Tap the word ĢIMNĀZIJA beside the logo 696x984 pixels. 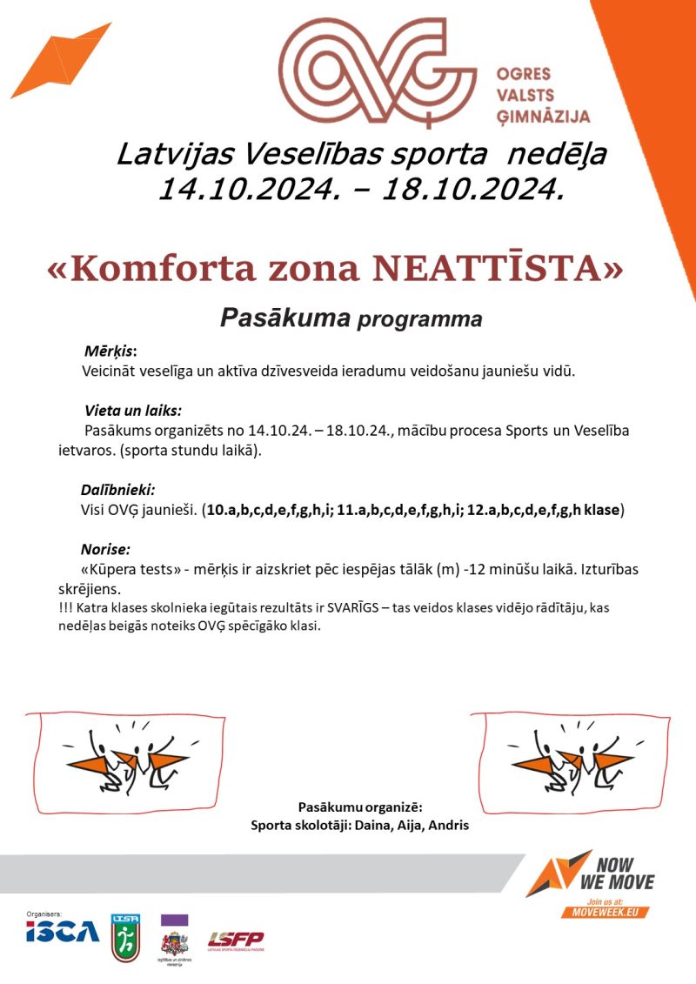[x=543, y=116]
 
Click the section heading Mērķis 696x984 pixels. [x=110, y=351]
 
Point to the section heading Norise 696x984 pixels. [x=105, y=550]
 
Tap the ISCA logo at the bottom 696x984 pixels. [x=62, y=933]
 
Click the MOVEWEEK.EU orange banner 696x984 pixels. [x=606, y=910]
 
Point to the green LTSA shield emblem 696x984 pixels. [x=124, y=936]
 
